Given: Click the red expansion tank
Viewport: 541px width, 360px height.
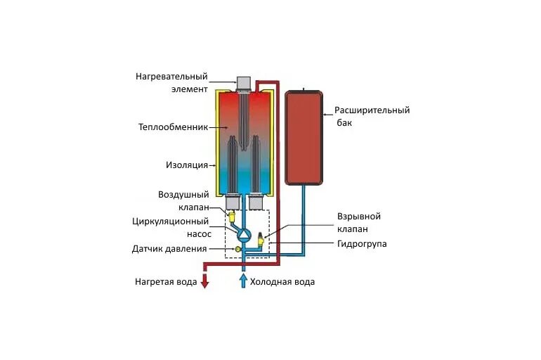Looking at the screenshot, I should (303, 137).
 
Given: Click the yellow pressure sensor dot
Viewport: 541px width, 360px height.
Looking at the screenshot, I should (237, 249).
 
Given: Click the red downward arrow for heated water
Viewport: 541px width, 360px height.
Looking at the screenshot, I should (205, 281).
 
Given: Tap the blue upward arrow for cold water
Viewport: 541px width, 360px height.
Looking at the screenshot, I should (243, 281).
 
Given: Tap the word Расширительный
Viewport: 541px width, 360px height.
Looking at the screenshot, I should (372, 110).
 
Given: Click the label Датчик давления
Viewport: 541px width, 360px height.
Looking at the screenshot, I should (169, 249).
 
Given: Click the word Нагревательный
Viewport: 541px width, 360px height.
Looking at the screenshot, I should (173, 76).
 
